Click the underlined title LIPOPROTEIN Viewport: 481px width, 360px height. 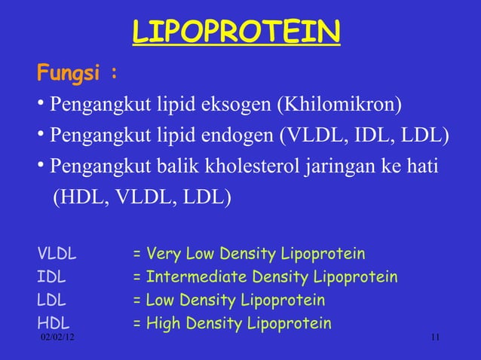pos(236,32)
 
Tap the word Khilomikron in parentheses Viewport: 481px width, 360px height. pos(340,103)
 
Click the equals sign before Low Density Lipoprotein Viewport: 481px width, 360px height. pos(138,301)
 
